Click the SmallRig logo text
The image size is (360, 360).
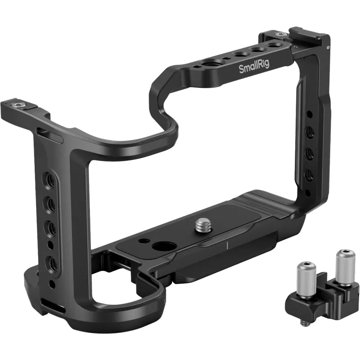coord(254,67)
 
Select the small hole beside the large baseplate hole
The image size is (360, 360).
coord(144,241)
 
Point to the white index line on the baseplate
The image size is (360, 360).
coord(227,246)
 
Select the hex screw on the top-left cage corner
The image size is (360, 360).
coord(18,105)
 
